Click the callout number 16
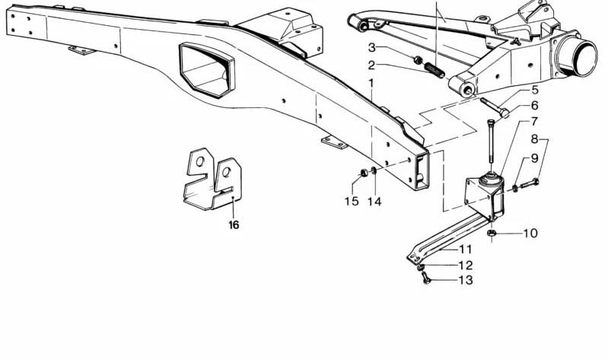(234, 225)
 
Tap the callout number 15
(352, 202)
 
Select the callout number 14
(374, 202)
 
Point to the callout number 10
(530, 233)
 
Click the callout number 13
(466, 279)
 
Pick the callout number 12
(466, 266)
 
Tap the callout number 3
(372, 48)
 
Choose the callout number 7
(534, 122)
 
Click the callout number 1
(371, 83)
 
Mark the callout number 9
(535, 158)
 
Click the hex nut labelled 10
(492, 233)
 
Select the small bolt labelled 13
(426, 278)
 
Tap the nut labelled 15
(364, 173)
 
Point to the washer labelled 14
(374, 170)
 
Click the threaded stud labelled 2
(435, 70)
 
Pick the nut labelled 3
(418, 59)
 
